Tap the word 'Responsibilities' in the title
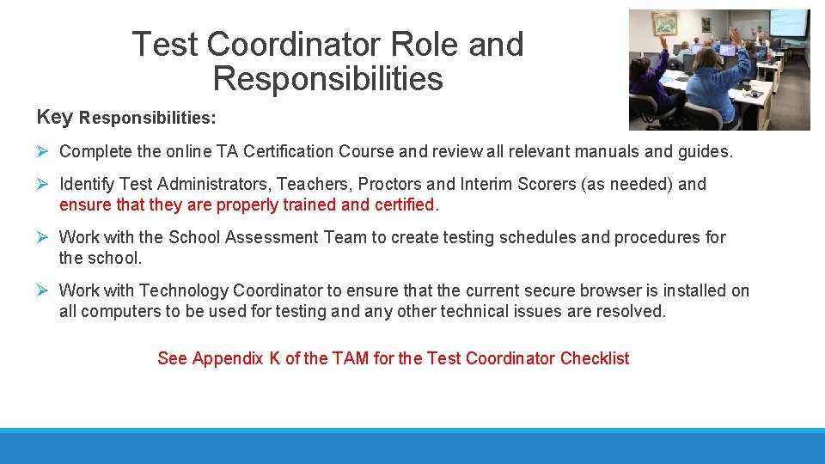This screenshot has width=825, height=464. [327, 79]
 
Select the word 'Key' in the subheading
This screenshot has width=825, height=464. [55, 117]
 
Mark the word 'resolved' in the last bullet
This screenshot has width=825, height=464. [632, 311]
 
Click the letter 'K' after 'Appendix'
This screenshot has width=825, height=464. [274, 358]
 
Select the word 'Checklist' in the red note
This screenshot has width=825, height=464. [595, 358]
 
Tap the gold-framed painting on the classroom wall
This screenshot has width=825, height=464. [664, 23]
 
